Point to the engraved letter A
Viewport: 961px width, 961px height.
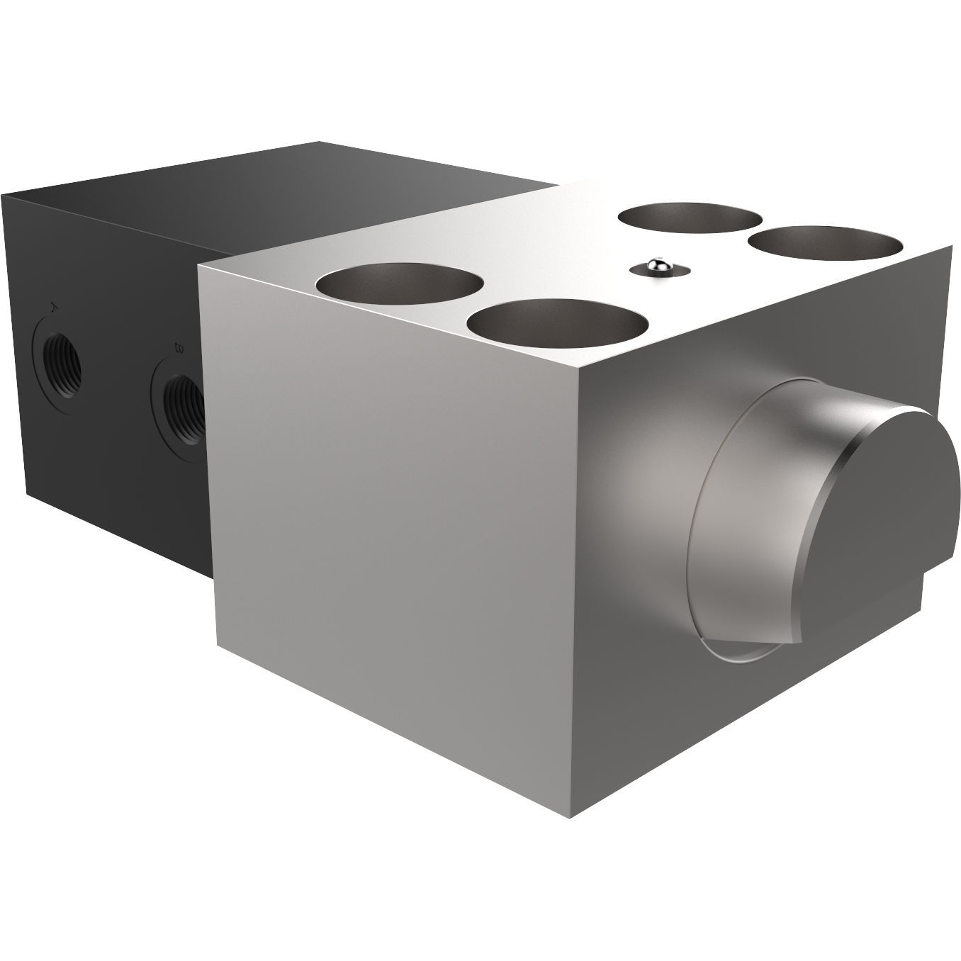coord(54,308)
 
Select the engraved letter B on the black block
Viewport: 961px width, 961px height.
coord(179,348)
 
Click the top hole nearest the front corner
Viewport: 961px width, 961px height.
coord(557,322)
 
